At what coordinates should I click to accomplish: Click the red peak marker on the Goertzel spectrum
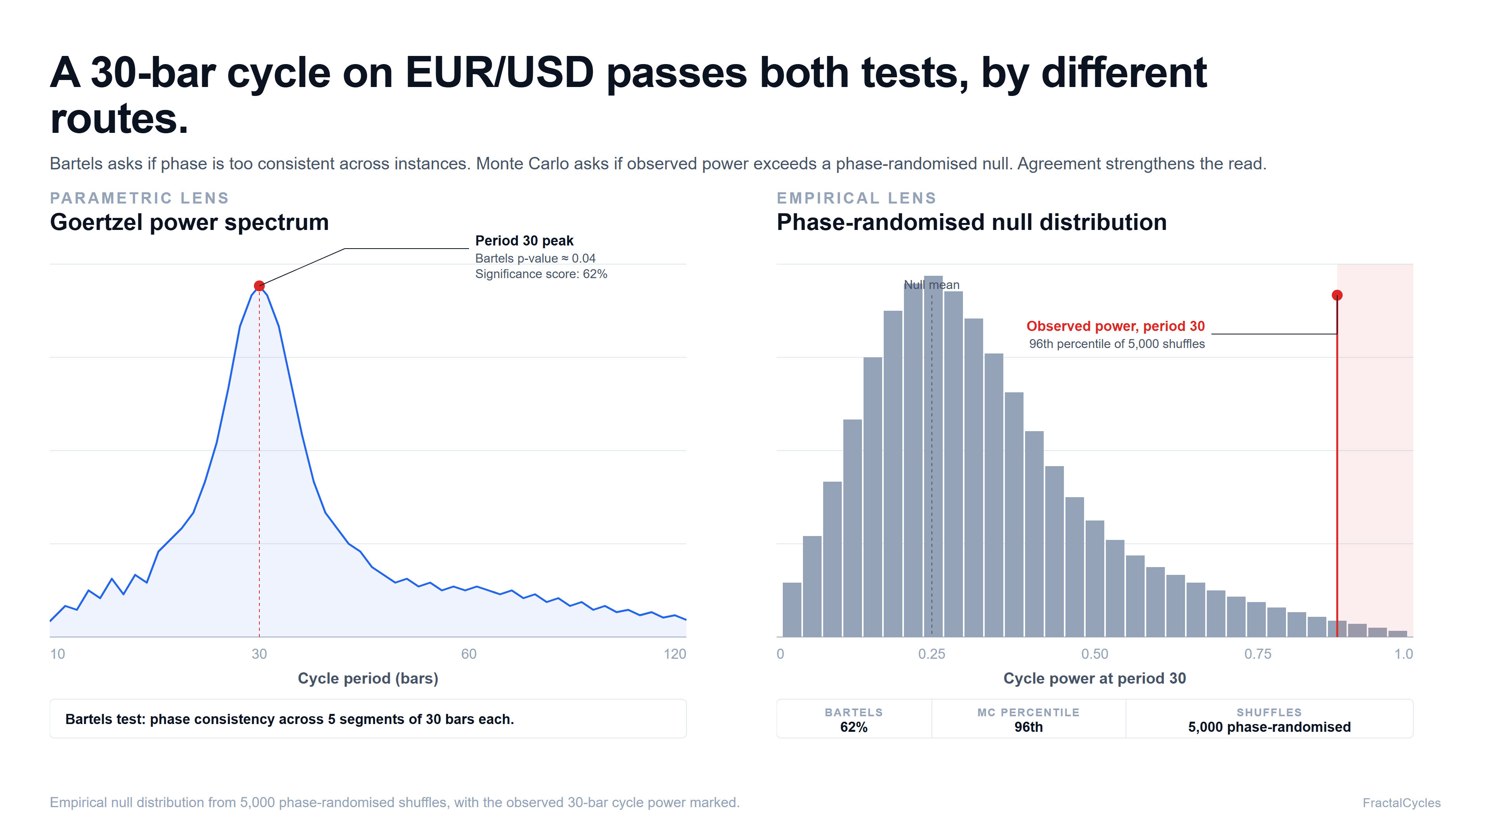(259, 285)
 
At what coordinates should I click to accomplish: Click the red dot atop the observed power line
(1337, 295)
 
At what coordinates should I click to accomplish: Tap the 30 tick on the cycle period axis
(259, 654)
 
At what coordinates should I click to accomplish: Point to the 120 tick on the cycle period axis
(674, 654)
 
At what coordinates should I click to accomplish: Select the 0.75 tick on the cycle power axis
(1258, 654)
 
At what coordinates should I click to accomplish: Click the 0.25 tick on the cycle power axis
(932, 654)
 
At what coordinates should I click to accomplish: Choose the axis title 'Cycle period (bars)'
(368, 678)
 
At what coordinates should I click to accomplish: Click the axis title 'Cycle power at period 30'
(1095, 678)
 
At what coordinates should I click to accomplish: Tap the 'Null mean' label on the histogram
(932, 285)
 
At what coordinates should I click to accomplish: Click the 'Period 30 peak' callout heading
(525, 240)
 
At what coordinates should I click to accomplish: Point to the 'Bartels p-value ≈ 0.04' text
(535, 258)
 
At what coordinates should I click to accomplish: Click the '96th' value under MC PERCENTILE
(1029, 727)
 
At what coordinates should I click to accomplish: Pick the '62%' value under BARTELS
(854, 727)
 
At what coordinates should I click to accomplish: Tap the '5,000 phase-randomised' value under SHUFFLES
(1269, 727)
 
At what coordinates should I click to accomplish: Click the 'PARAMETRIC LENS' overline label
(139, 198)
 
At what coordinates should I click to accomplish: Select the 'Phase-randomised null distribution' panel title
(972, 222)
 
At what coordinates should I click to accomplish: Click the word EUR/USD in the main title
(499, 73)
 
